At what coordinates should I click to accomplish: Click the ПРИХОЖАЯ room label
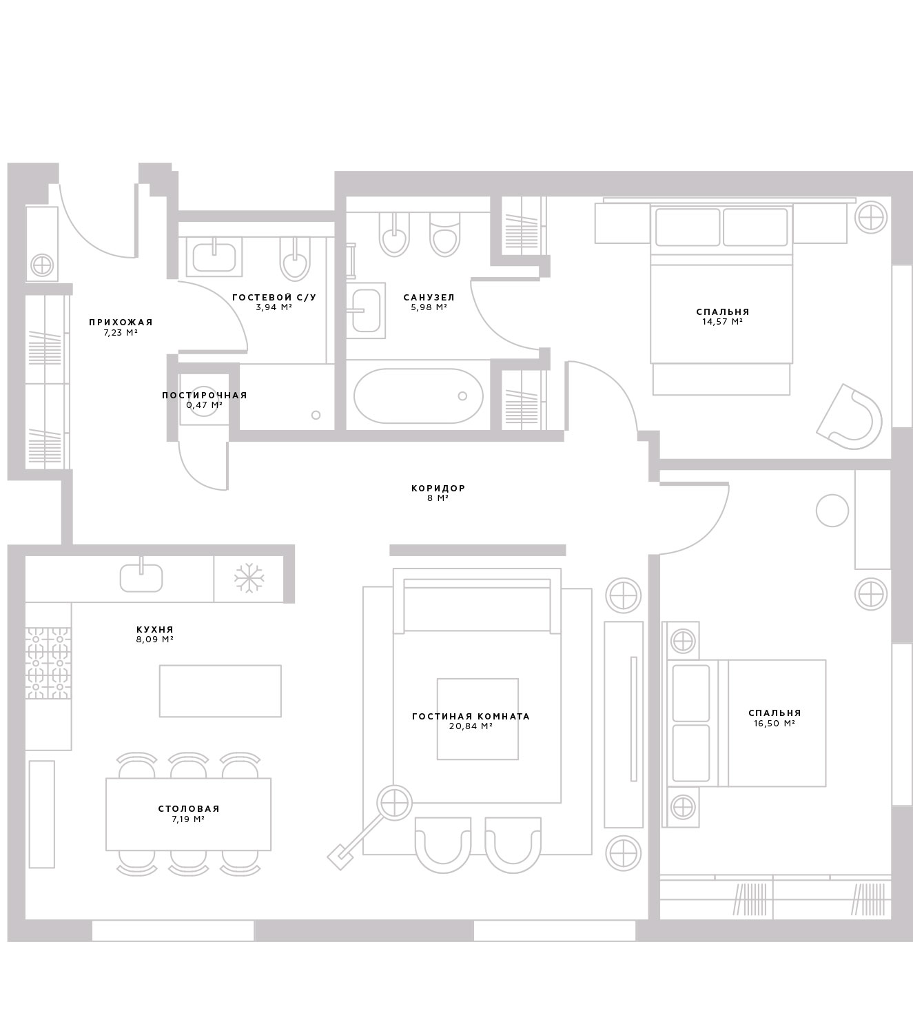click(121, 323)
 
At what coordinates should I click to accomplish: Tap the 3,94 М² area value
click(274, 307)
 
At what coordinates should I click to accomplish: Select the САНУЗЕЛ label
click(429, 298)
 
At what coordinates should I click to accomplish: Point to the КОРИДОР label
click(438, 489)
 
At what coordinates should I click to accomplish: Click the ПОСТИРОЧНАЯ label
click(205, 396)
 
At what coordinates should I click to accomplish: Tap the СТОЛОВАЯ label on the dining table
click(189, 808)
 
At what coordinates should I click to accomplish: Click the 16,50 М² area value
click(774, 724)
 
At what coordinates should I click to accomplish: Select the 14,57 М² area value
click(722, 321)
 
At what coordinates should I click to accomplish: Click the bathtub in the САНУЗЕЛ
click(418, 396)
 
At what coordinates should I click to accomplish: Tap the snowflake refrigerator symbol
click(249, 578)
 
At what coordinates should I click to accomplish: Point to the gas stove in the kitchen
click(48, 663)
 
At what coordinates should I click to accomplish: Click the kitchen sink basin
click(141, 578)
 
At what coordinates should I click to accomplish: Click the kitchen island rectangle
click(220, 691)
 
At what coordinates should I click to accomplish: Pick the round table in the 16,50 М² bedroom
click(832, 511)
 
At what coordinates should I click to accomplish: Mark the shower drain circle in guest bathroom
click(316, 415)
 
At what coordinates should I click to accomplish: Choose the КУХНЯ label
click(155, 630)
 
